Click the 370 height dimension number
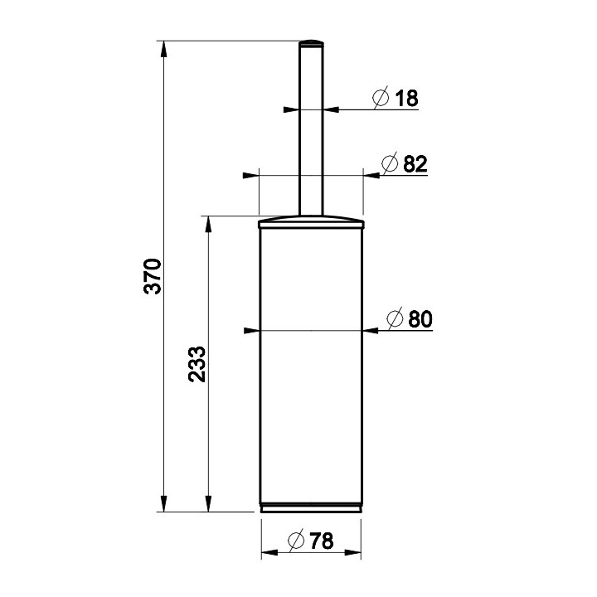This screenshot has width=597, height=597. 153,276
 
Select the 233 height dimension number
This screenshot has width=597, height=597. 197,364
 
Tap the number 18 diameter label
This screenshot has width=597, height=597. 406,98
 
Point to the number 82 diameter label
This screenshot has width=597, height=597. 415,164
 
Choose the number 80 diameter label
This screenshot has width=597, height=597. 420,319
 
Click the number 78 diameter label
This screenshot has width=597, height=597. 322,541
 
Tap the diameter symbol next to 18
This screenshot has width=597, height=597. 381,98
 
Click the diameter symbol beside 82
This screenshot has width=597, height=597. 390,163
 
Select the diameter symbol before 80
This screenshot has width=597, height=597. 395,318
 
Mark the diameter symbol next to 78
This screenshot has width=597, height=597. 296,541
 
